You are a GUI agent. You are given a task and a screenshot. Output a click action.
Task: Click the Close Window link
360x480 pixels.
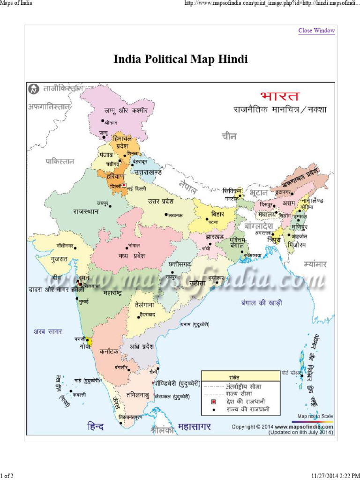316,31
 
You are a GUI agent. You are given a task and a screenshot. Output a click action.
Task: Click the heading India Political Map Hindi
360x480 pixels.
180,60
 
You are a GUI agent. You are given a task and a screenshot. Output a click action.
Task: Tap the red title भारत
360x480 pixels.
280,97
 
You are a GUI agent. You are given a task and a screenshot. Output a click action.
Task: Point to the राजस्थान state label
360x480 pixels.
85,211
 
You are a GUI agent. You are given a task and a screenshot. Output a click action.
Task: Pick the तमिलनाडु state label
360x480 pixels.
137,395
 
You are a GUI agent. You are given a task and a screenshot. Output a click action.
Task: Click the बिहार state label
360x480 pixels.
217,214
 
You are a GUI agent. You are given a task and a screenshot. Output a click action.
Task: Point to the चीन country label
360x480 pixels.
229,136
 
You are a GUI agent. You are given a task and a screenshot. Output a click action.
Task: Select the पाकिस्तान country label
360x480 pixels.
60,161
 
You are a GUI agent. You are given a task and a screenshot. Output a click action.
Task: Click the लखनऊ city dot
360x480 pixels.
166,215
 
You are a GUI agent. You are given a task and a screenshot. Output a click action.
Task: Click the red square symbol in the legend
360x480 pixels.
213,402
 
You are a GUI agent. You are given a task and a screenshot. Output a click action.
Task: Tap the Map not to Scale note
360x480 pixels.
315,416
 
